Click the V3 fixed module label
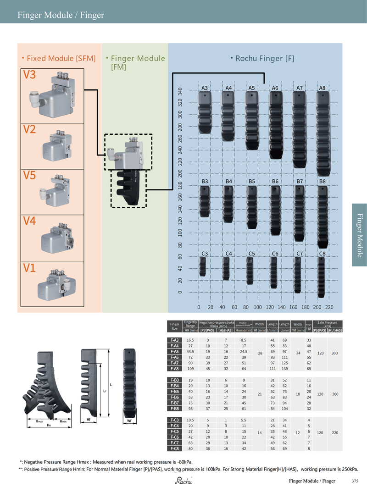29,75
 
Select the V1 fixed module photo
55,283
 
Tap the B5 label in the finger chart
251,182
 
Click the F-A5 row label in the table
174,351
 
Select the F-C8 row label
174,449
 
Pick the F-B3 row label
174,380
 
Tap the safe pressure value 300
334,353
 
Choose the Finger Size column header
174,326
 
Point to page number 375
355,481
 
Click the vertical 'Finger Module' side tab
360,235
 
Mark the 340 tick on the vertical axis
180,92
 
